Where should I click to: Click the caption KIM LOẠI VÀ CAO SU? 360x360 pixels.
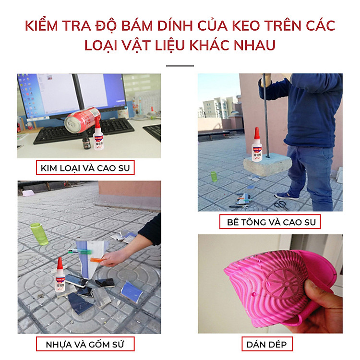click(85, 168)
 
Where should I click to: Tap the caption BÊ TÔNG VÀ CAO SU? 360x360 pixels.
click(270, 222)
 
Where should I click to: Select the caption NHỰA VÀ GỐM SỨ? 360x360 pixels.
click(85, 344)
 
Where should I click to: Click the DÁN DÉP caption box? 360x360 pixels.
click(267, 344)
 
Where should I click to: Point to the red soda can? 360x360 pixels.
click(82, 120)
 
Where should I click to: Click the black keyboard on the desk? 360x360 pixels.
click(84, 131)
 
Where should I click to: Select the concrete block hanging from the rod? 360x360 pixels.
click(267, 165)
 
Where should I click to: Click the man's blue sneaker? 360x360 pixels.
click(287, 195)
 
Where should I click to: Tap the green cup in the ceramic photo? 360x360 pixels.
click(39, 233)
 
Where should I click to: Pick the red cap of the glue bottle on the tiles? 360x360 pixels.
click(60, 263)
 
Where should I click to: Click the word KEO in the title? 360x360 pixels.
click(246, 25)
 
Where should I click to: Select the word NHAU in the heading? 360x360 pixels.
click(254, 45)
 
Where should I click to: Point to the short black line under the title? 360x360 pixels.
click(180, 66)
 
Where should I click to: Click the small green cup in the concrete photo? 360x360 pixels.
click(214, 176)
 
